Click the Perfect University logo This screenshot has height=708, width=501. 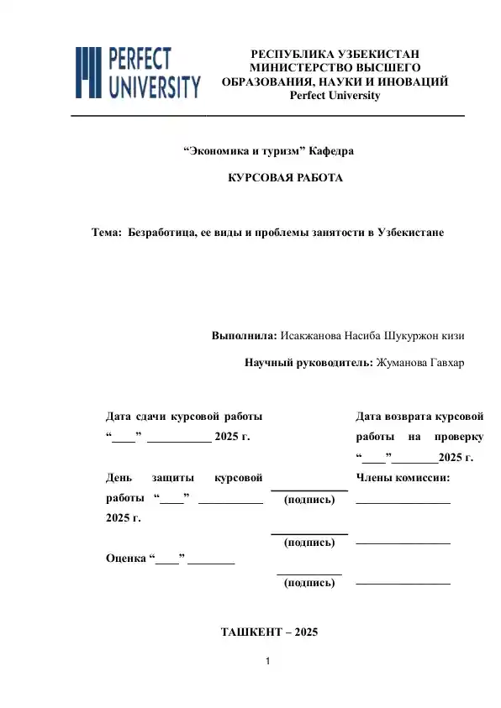(139, 72)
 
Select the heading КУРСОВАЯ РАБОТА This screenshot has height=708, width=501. (286, 179)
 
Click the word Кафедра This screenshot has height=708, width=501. (331, 151)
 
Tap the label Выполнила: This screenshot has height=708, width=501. (244, 336)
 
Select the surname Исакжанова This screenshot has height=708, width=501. (310, 336)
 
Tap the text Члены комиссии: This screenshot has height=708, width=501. (403, 478)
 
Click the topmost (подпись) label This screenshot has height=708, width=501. (310, 500)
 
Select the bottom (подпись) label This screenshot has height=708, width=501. (310, 582)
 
